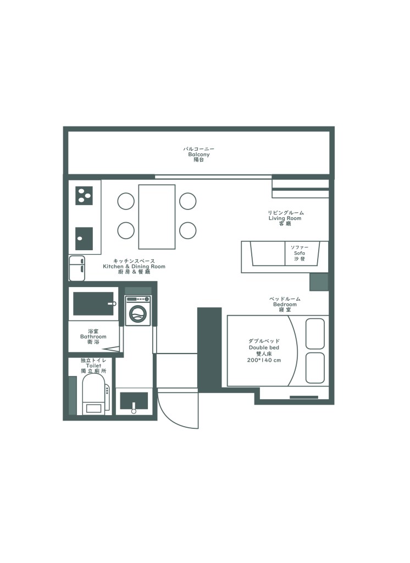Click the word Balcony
(199, 154)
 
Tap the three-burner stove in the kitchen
(84, 195)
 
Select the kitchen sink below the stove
(84, 239)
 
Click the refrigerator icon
(77, 268)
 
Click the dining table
(157, 217)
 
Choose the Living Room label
(285, 218)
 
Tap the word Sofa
(300, 253)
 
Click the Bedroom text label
(285, 305)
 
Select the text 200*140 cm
(264, 360)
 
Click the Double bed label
(264, 347)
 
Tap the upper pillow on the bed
(315, 333)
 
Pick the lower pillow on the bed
(315, 368)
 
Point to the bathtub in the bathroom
(93, 303)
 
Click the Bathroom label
(93, 337)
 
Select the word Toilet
(93, 366)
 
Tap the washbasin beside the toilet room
(134, 401)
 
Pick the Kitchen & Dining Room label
(134, 267)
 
